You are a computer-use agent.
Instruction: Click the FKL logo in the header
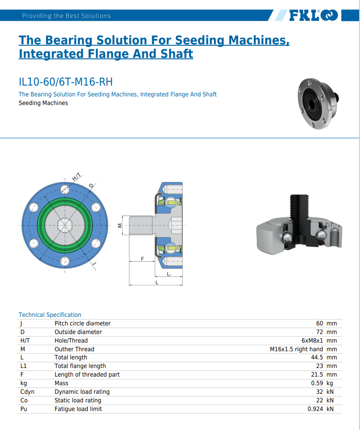pos(313,15)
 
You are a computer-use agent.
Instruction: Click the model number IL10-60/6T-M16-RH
pos(65,82)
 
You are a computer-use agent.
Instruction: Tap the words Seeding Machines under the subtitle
pos(43,103)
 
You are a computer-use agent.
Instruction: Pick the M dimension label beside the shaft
pos(120,225)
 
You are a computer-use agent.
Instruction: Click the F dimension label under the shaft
pos(142,259)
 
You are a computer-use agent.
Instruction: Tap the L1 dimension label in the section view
pos(169,274)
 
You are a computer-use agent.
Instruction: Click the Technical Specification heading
pos(50,315)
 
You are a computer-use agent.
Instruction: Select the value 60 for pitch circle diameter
pos(320,323)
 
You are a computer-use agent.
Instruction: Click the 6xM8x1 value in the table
pos(312,340)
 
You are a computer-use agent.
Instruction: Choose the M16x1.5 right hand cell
pos(297,349)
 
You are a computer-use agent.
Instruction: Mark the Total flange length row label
pos(80,366)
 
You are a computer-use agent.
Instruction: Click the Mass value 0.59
pos(317,383)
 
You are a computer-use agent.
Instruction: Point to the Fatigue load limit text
pos(78,409)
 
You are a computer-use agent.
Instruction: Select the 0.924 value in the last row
pos(315,409)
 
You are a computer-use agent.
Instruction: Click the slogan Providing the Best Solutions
pos(66,16)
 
